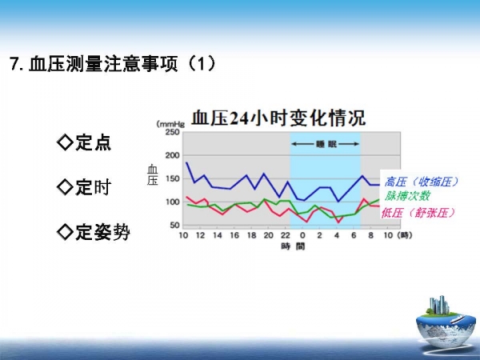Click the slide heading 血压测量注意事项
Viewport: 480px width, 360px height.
coord(103,64)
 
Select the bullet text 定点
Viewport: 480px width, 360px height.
coord(93,142)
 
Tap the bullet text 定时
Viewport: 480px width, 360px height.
coord(93,187)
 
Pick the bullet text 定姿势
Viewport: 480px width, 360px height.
coord(102,232)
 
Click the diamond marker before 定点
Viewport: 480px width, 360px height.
coord(66,142)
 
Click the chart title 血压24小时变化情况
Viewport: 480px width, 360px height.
coord(278,118)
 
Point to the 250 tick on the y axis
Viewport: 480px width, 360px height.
coord(172,132)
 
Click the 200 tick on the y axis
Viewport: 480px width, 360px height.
coord(172,155)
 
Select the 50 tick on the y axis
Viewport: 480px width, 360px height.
coord(174,225)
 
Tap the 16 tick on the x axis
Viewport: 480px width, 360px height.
coord(234,235)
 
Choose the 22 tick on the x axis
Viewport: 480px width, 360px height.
coord(286,235)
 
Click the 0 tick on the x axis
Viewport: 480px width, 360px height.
coord(302,235)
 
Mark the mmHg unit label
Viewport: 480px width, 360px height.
coord(171,124)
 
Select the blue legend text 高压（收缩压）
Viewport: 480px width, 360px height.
coord(422,182)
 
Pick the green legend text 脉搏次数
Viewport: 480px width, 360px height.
coord(407,196)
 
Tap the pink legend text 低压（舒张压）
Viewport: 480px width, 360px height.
coord(418,213)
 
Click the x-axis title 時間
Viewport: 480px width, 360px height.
coord(294,246)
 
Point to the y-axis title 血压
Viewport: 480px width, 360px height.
coord(153,174)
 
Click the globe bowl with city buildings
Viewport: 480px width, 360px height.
coord(442,322)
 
